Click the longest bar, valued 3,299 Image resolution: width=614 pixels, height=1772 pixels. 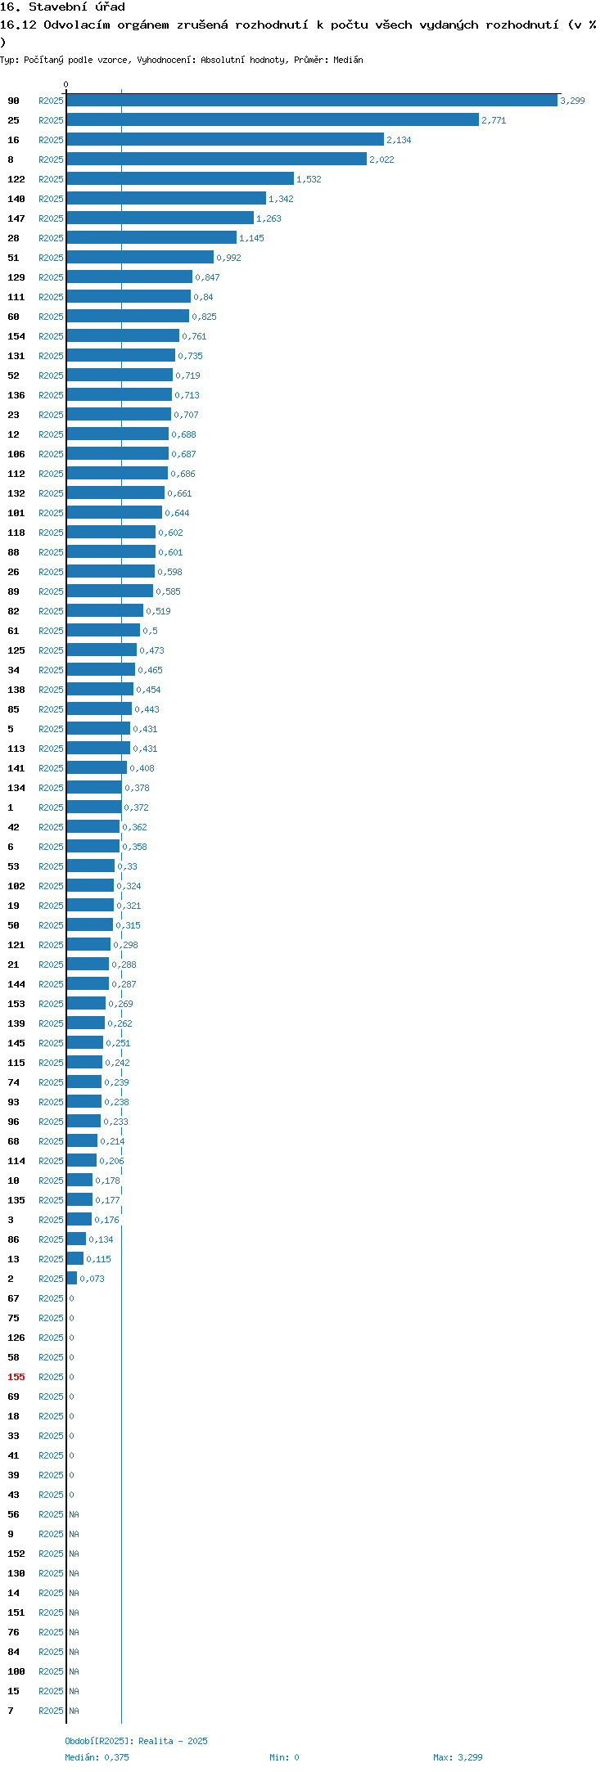tap(312, 101)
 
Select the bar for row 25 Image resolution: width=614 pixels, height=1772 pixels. tap(273, 120)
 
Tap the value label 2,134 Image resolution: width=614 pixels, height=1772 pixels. tap(399, 140)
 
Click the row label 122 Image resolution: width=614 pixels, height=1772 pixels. tap(16, 179)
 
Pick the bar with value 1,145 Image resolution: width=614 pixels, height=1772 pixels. tap(151, 238)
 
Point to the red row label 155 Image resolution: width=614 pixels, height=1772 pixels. tap(16, 1377)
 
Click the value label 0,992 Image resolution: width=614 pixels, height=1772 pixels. tap(228, 258)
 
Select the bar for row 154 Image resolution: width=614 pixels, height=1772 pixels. tap(123, 336)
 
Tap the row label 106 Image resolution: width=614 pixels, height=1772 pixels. tap(16, 454)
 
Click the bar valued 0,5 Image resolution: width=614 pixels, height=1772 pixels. tap(103, 631)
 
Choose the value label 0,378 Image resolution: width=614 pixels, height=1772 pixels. tap(137, 788)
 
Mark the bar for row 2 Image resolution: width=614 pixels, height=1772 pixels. tap(72, 1279)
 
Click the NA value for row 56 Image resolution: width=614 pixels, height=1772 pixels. tap(74, 1514)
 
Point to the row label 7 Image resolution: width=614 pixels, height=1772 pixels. tap(11, 1711)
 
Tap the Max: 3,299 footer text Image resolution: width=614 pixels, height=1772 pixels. tap(458, 1757)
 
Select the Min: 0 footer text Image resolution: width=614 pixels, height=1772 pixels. tap(284, 1757)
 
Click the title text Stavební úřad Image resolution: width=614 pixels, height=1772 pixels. tap(77, 7)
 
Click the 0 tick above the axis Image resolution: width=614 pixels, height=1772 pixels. tap(66, 84)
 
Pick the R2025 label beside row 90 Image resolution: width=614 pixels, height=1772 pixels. tap(51, 101)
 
